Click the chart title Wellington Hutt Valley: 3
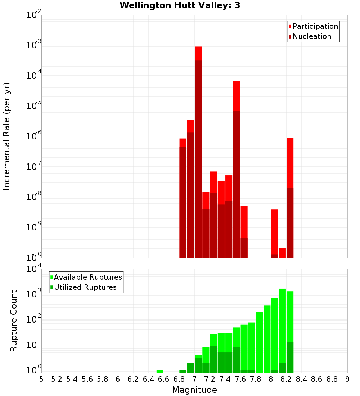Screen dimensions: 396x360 (180, 5)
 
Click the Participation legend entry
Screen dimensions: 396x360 (315, 26)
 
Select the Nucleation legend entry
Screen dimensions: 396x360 (311, 36)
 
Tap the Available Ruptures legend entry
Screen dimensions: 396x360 (87, 277)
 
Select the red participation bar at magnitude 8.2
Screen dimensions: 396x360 (290, 162)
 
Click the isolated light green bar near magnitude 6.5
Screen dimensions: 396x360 (160, 371)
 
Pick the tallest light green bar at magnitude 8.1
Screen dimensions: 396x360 (282, 324)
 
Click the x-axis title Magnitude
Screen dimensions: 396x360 (194, 390)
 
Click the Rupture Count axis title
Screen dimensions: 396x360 (14, 321)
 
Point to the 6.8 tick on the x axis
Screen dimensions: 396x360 (179, 379)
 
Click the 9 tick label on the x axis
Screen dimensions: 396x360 (347, 379)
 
